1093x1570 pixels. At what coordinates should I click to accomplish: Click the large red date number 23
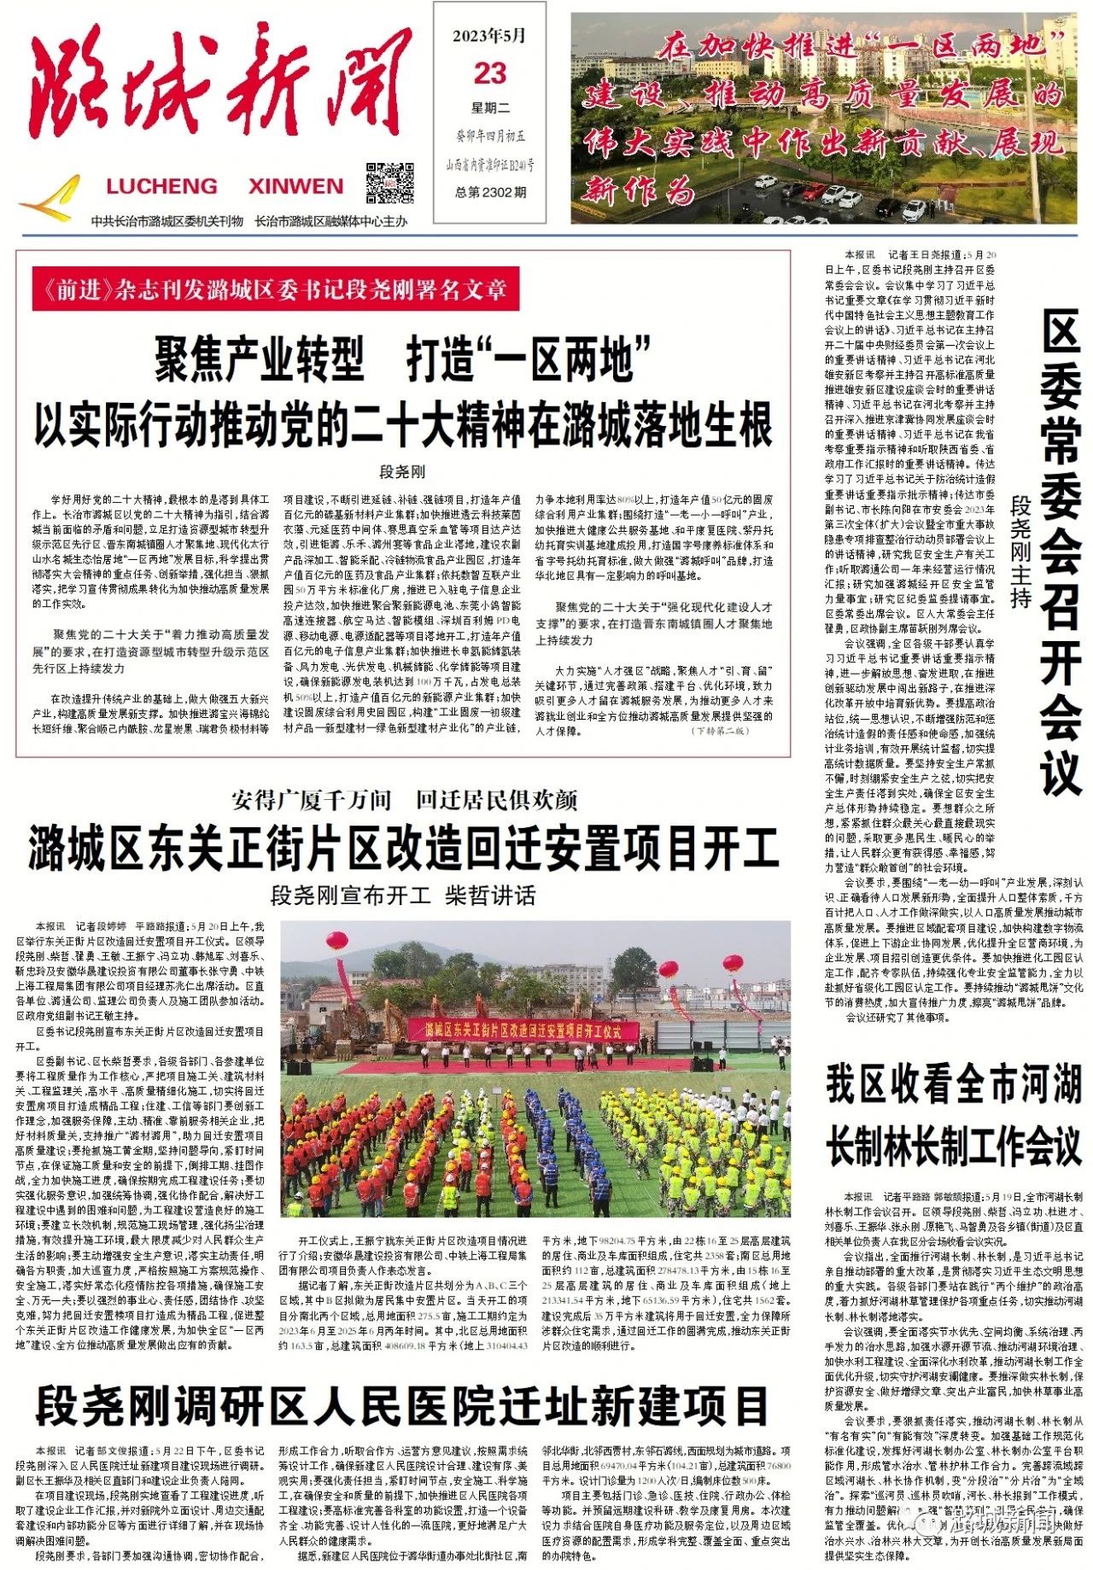point(490,73)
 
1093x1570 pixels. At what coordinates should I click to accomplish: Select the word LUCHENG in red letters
point(161,186)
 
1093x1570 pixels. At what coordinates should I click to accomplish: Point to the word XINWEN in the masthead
point(295,186)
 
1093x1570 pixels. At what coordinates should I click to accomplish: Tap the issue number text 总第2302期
point(490,192)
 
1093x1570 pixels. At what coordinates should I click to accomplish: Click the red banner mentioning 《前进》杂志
point(275,290)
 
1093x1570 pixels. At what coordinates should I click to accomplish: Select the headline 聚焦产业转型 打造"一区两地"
point(403,359)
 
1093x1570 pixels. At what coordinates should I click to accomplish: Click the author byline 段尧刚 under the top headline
point(402,471)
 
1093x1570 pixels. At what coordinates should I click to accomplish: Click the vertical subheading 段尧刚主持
point(1020,551)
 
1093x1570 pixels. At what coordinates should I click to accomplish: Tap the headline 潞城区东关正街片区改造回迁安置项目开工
point(403,848)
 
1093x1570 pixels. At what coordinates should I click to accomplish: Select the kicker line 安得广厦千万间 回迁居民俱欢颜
point(404,800)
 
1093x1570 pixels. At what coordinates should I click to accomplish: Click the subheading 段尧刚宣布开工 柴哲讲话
point(403,896)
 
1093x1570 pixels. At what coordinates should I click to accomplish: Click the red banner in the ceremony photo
point(523,1030)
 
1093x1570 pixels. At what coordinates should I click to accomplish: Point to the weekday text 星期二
point(490,108)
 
